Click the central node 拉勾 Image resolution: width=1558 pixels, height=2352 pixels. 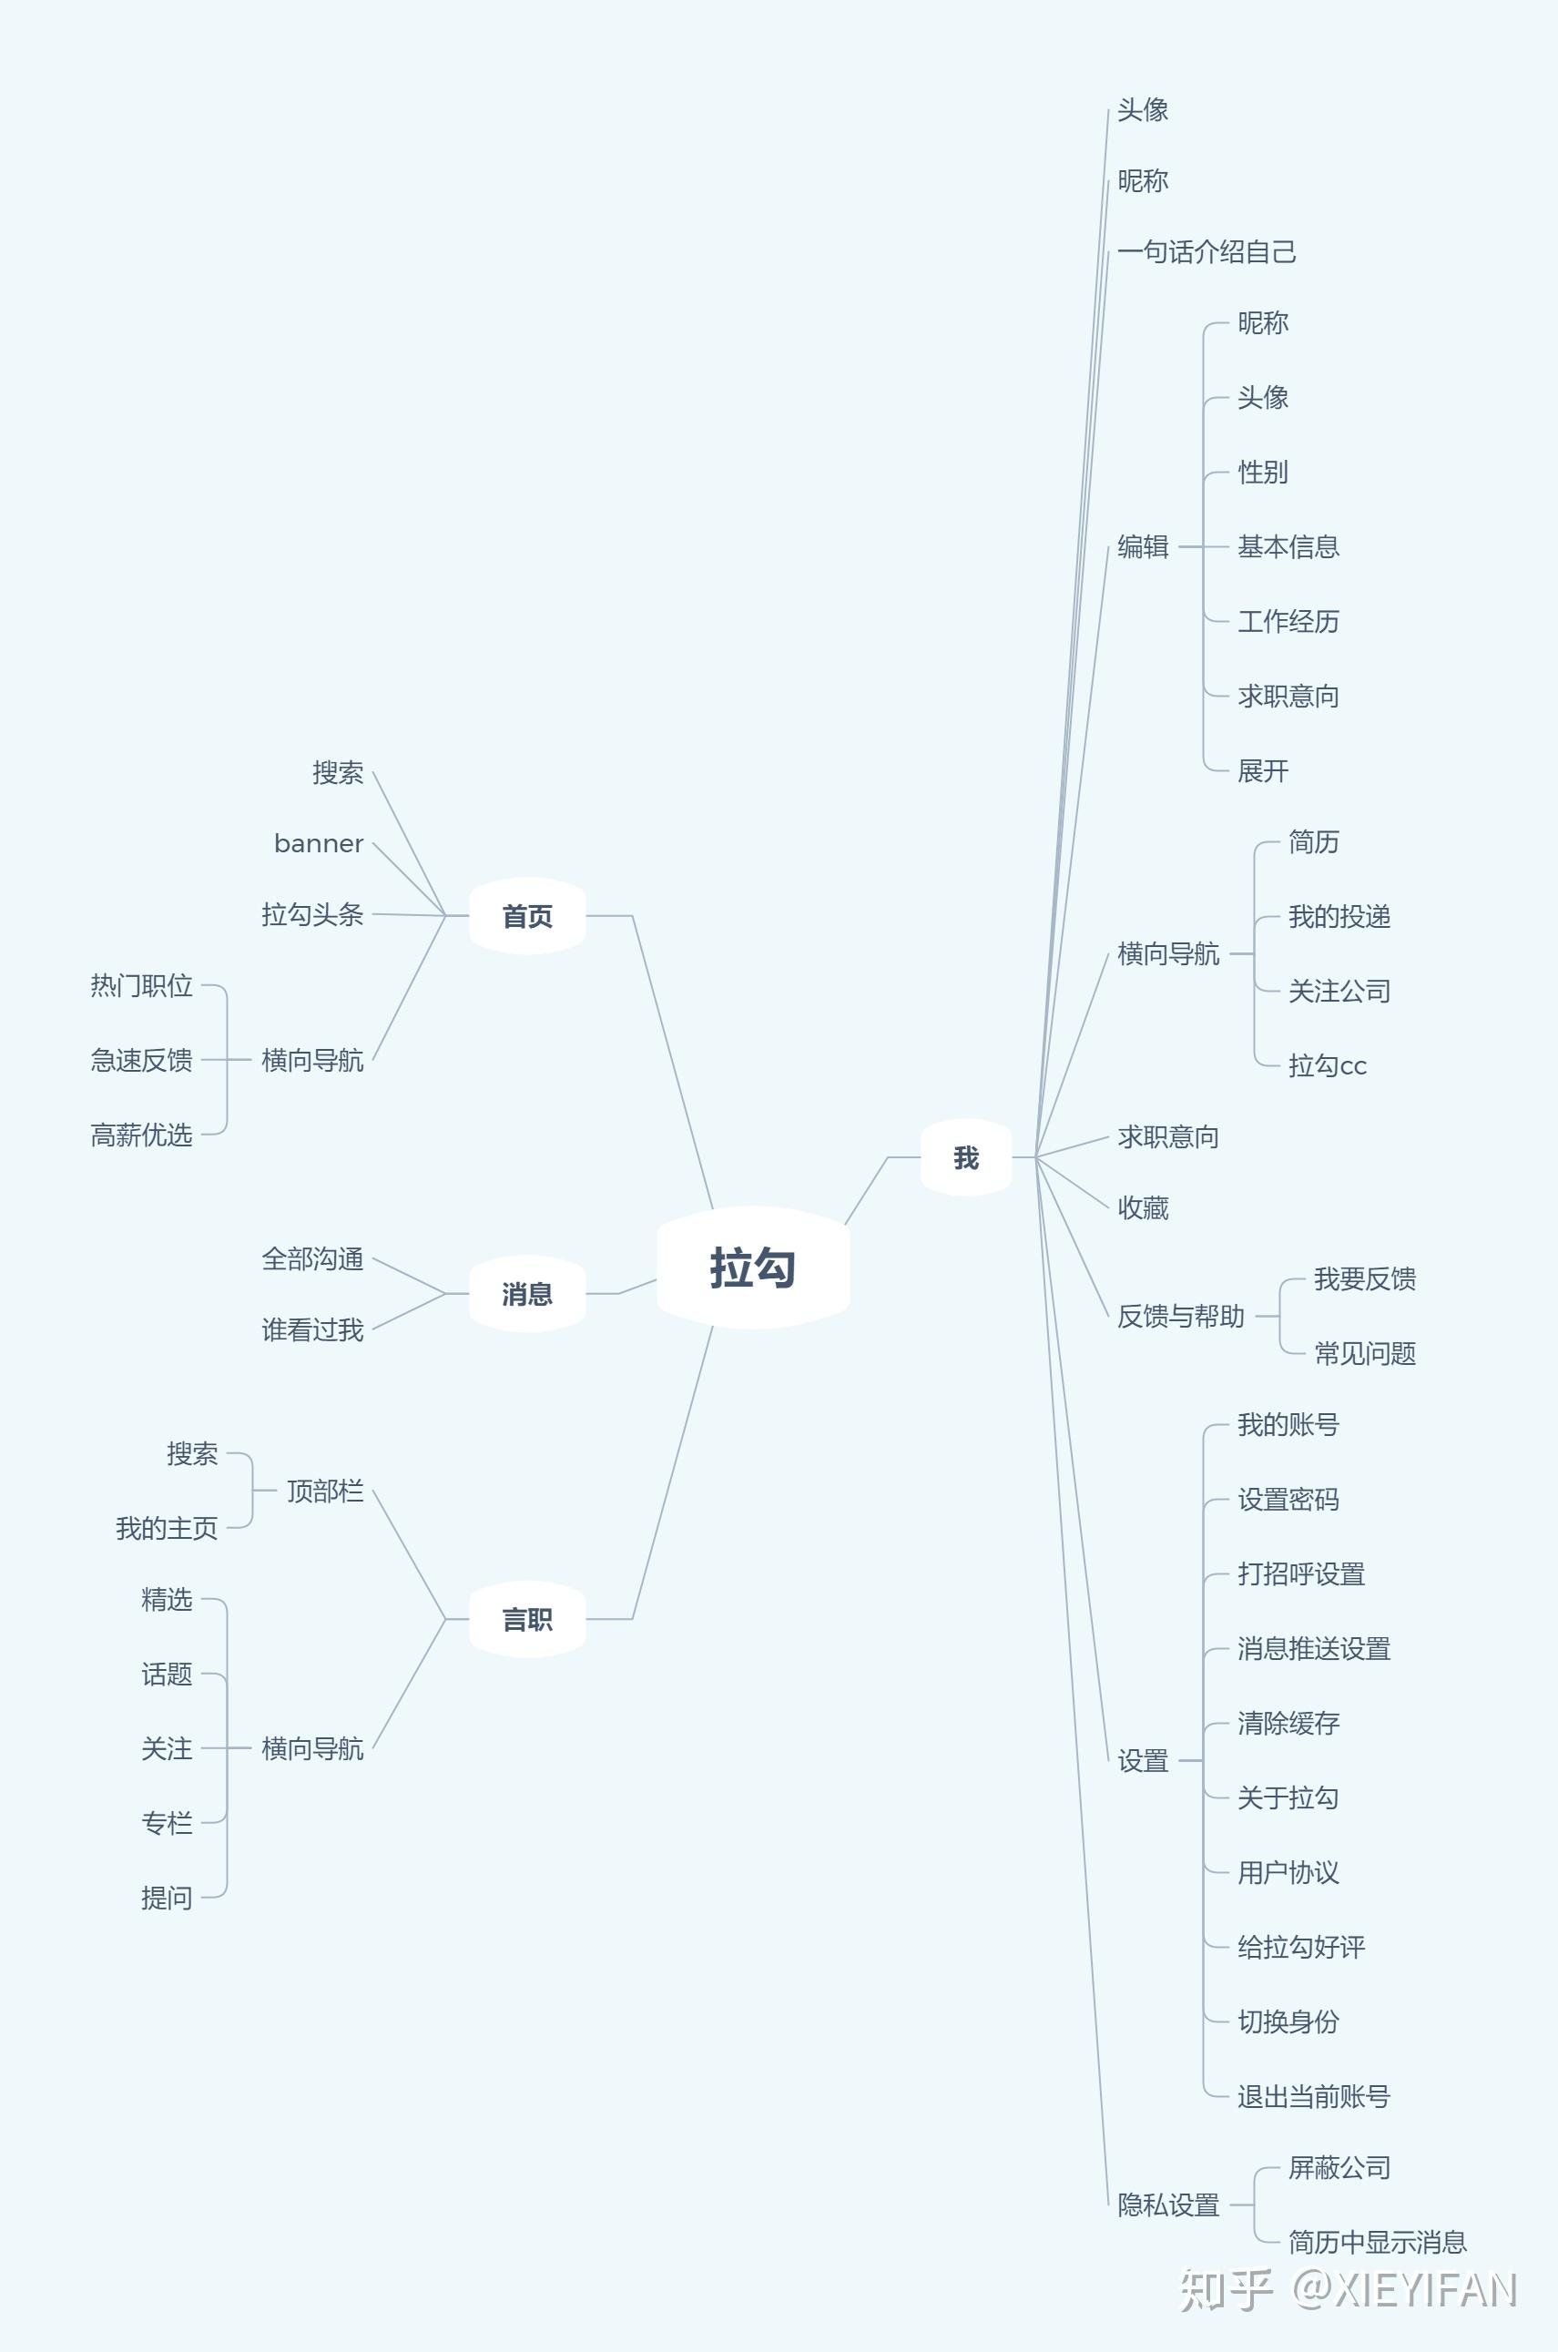[x=753, y=1268]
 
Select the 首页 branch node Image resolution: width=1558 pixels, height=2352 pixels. [x=526, y=916]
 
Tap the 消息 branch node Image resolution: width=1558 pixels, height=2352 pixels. [x=526, y=1294]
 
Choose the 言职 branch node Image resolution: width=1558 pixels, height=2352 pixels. [x=526, y=1620]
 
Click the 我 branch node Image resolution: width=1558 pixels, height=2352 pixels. [x=966, y=1157]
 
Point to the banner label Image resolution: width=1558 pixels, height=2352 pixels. [x=318, y=843]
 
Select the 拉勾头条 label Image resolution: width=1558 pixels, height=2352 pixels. [x=312, y=914]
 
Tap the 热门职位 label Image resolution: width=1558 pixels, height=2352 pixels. [x=141, y=986]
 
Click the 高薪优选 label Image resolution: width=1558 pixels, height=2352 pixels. [x=141, y=1135]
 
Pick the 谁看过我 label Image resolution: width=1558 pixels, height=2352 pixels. [x=312, y=1329]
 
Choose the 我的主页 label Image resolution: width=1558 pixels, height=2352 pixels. [x=166, y=1528]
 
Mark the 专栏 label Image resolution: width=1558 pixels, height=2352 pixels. [x=166, y=1823]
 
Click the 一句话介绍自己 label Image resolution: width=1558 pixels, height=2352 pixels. [x=1207, y=252]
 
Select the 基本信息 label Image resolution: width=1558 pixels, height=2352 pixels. [x=1288, y=546]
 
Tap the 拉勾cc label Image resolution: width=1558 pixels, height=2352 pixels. [x=1327, y=1065]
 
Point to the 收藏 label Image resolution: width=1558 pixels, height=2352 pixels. [x=1143, y=1208]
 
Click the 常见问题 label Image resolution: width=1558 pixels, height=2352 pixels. [x=1364, y=1353]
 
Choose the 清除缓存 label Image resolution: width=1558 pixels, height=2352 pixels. [x=1288, y=1723]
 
